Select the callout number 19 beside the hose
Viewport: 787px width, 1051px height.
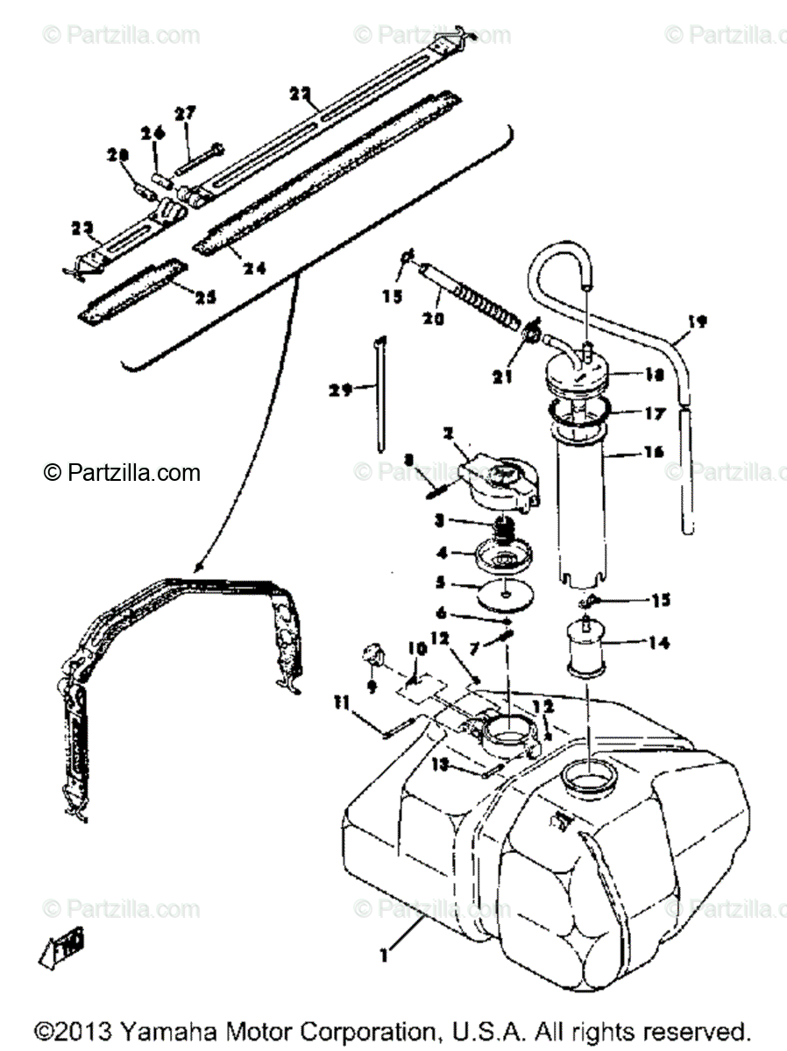click(697, 321)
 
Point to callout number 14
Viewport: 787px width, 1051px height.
click(658, 643)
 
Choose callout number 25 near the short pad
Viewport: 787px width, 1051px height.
click(205, 297)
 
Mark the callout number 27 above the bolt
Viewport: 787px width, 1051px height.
click(185, 113)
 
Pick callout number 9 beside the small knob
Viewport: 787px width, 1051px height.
click(372, 688)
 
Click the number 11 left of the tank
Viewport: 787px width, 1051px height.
click(340, 701)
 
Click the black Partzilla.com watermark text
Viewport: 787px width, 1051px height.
click(123, 473)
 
